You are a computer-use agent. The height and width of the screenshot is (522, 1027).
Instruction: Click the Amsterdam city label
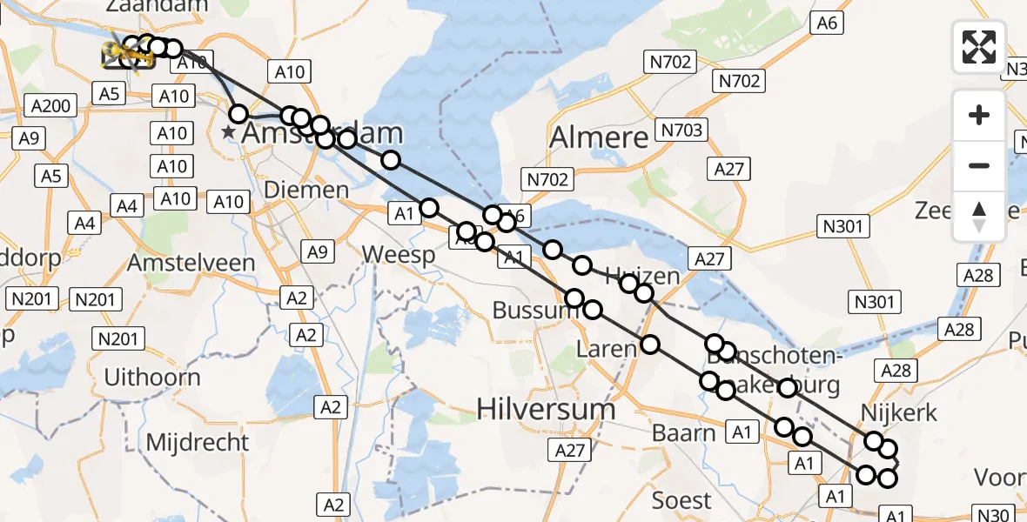(322, 133)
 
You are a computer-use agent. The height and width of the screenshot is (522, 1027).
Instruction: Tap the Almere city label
(600, 137)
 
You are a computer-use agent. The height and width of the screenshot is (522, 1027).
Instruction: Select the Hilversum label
(547, 409)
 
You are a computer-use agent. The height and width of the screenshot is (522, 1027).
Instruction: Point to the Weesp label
(398, 255)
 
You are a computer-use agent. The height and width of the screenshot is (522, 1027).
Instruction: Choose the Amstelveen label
(191, 262)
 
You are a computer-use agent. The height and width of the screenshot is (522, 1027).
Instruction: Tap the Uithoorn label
(151, 378)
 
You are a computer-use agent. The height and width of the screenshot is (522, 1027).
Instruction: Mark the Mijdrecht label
(197, 442)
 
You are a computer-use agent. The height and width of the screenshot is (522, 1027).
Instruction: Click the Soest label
(681, 500)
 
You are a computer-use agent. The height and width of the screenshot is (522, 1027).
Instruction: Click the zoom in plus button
(979, 116)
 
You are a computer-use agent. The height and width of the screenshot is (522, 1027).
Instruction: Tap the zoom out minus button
(979, 165)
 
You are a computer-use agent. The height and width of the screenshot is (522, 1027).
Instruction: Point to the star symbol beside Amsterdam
(228, 132)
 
